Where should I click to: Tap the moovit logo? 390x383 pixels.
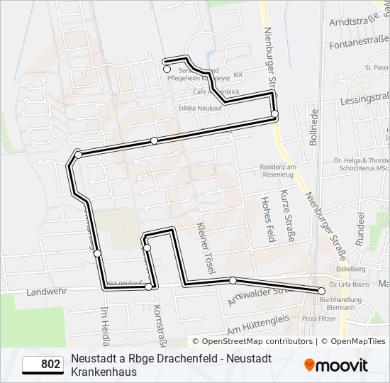click(336, 365)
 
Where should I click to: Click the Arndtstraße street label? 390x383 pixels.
click(355, 22)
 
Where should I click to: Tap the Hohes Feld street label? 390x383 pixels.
click(268, 221)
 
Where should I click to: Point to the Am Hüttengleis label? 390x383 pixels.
click(258, 326)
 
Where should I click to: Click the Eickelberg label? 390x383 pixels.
click(350, 269)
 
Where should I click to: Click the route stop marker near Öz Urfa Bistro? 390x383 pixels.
click(321, 291)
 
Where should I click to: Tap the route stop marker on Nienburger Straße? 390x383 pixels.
click(274, 113)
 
